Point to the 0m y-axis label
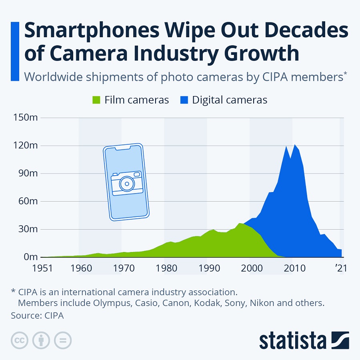click(x=30, y=257)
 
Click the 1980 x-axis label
click(x=164, y=268)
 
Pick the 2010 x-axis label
click(x=292, y=268)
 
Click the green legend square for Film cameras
click(x=96, y=100)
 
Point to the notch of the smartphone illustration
click(x=123, y=149)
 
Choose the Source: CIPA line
click(x=37, y=316)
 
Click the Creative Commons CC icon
click(x=19, y=340)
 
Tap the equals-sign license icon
click(x=63, y=340)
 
